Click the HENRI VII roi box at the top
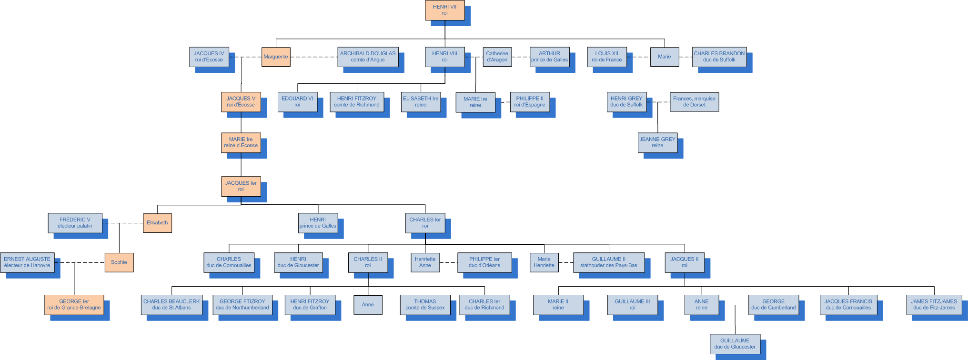point(444,10)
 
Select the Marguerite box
point(276,57)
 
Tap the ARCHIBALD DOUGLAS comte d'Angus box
point(368,57)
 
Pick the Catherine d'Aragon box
point(497,57)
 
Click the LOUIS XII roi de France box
point(606,57)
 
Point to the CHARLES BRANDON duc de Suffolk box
point(719,57)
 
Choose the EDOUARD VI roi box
point(297,102)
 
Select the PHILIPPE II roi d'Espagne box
point(530,102)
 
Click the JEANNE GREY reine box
point(657,142)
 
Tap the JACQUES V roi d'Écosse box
point(241,102)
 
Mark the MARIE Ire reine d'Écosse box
point(241,142)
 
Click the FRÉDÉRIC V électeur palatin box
point(75,223)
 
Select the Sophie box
point(119,262)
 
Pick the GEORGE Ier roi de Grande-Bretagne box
point(74,305)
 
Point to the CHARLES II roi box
point(368,262)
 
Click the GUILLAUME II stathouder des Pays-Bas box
point(608,262)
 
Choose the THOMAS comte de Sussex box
point(425,305)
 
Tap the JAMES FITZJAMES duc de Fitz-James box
point(934,305)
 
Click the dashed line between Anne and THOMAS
point(391,305)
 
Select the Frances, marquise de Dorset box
point(694,102)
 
